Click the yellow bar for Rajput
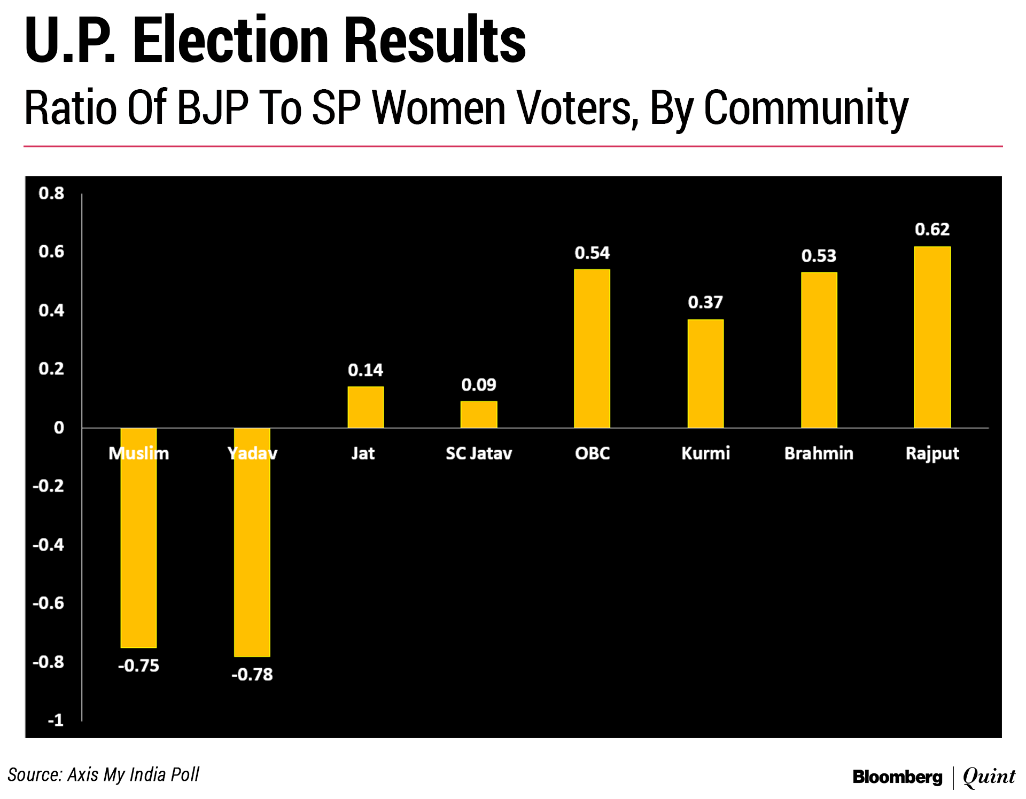pyautogui.click(x=932, y=337)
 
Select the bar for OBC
pyautogui.click(x=592, y=348)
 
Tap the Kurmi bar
pyautogui.click(x=705, y=373)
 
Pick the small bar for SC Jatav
pyautogui.click(x=479, y=414)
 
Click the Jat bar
pyautogui.click(x=366, y=407)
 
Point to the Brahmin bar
pyautogui.click(x=819, y=350)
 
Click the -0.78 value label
pyautogui.click(x=252, y=675)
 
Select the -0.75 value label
pyautogui.click(x=138, y=665)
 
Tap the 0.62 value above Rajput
pyautogui.click(x=932, y=230)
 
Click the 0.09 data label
pyautogui.click(x=479, y=385)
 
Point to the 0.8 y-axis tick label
pyautogui.click(x=51, y=193)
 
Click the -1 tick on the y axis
pyautogui.click(x=56, y=720)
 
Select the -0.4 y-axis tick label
pyautogui.click(x=48, y=545)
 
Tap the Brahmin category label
pyautogui.click(x=819, y=453)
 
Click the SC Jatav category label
pyautogui.click(x=479, y=453)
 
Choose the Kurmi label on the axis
pyautogui.click(x=705, y=453)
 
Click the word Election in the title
pyautogui.click(x=230, y=41)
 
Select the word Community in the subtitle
pyautogui.click(x=806, y=108)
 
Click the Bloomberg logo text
pyautogui.click(x=897, y=777)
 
